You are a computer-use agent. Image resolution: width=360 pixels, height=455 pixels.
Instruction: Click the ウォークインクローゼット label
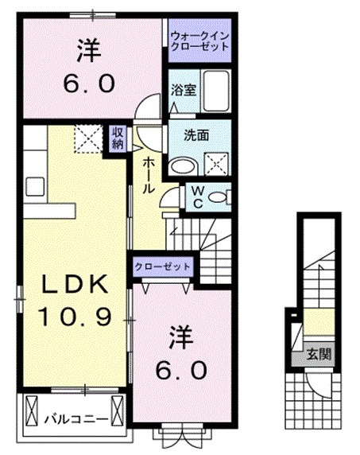click(x=199, y=40)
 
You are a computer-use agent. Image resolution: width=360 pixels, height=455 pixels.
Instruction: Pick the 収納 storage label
click(x=117, y=138)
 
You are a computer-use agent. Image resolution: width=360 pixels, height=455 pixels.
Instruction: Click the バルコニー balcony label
click(x=71, y=416)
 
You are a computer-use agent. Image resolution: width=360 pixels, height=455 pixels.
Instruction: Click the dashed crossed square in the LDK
click(x=88, y=138)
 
